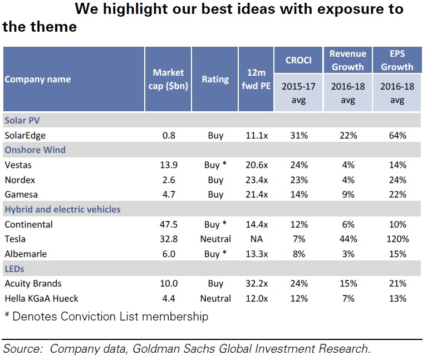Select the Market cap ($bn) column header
coord(168,80)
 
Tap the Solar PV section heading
coord(22,120)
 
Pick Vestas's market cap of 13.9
coord(168,165)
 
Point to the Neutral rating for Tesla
coord(215,239)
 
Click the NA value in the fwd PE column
coord(257,239)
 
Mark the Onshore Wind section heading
coord(35,150)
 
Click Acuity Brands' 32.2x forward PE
coord(257,284)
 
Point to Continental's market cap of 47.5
coord(168,225)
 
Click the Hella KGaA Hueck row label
coord(41,299)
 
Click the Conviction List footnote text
coord(106,317)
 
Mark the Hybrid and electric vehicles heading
coord(62,210)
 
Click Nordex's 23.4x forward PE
coord(257,180)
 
